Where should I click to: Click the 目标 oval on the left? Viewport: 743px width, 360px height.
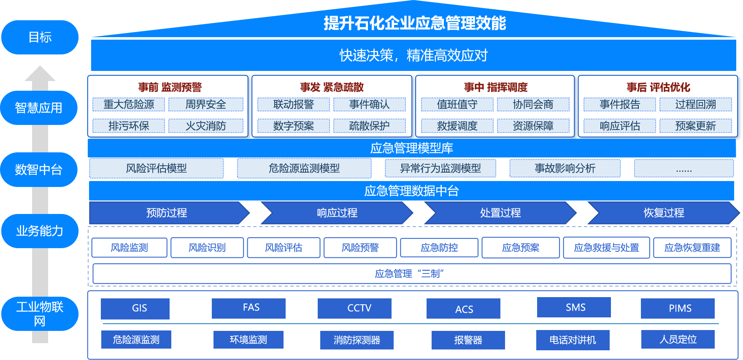point(40,37)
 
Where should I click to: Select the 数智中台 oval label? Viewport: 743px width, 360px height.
point(39,170)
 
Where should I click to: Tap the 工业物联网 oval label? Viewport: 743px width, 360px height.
point(40,314)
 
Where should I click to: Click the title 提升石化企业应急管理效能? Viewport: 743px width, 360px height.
point(415,23)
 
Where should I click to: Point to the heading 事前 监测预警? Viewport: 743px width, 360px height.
point(170,87)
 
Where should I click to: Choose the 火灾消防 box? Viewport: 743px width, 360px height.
point(206,126)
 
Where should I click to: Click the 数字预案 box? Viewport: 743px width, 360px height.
point(293,126)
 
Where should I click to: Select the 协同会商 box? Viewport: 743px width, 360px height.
point(533,104)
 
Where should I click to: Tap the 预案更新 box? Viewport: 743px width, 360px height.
point(695,126)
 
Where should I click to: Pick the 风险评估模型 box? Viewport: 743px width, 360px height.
point(156,168)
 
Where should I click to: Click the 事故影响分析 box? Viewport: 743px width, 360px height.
point(565,168)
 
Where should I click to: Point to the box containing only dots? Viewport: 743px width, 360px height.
point(684,168)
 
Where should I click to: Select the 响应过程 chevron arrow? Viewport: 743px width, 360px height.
point(337,213)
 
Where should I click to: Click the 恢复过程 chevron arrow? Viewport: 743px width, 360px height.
point(663,213)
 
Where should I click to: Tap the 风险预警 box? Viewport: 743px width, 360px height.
point(360,248)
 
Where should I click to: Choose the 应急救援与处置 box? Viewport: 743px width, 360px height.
point(606,248)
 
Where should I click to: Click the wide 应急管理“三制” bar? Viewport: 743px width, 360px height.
point(411,274)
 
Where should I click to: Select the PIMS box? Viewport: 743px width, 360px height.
point(678,308)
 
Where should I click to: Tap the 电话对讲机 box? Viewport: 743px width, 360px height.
point(573,340)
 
